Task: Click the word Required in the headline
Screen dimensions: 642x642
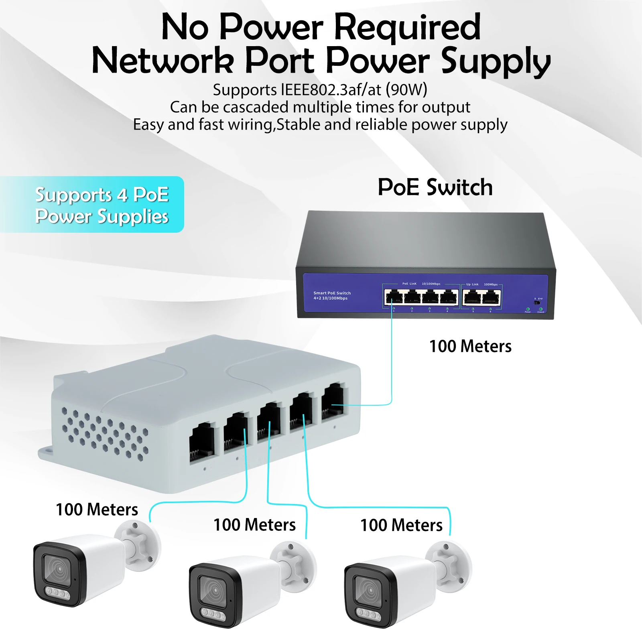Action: click(x=407, y=27)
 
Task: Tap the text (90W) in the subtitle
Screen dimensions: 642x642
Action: click(x=406, y=89)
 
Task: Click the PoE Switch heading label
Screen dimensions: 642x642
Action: click(x=435, y=187)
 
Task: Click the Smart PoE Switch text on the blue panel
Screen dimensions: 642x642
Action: click(x=332, y=293)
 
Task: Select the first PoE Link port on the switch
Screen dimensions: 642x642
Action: click(x=394, y=298)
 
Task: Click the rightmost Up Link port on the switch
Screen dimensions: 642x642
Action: click(x=491, y=298)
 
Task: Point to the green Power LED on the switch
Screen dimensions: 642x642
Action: click(x=528, y=309)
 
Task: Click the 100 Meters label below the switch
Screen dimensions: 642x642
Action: click(x=470, y=346)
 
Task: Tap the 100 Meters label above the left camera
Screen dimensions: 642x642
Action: click(x=97, y=510)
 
